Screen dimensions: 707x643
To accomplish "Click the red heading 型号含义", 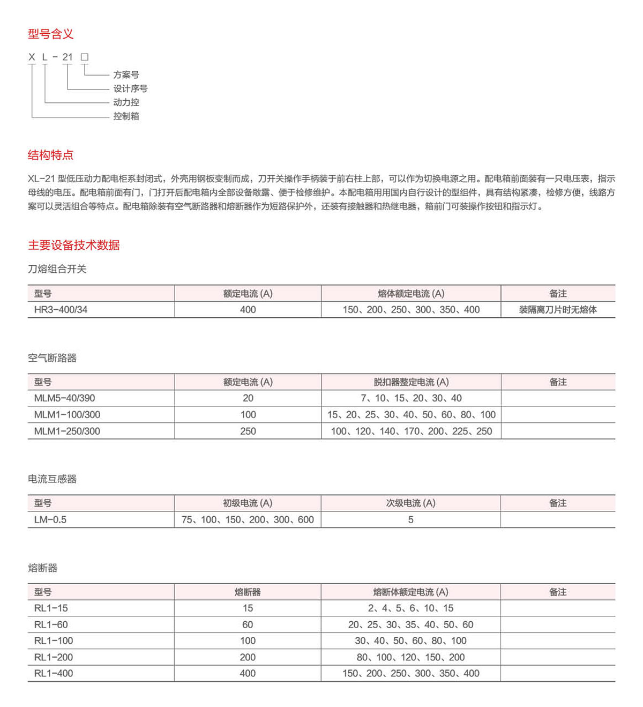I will click(x=50, y=34).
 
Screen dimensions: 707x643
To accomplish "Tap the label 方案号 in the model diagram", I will click(x=126, y=75).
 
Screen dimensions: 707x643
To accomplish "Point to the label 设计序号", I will click(x=130, y=88).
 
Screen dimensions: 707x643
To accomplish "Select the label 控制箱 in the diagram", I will click(x=126, y=116).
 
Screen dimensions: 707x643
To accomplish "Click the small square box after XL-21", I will click(x=85, y=57).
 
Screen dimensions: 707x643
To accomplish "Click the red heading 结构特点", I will click(x=50, y=155).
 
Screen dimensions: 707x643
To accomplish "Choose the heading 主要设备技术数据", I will click(x=74, y=245).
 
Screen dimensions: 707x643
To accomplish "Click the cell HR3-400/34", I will click(x=61, y=309).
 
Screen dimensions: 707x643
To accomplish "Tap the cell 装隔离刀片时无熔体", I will click(x=557, y=309).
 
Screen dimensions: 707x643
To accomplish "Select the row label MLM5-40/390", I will click(x=64, y=398).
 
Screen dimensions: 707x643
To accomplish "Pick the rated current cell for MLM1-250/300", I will click(x=248, y=431).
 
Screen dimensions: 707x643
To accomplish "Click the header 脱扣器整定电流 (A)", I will click(x=411, y=382).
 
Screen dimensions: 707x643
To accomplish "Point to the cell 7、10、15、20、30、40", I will click(x=411, y=398).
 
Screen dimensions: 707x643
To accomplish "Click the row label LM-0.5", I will click(x=50, y=519).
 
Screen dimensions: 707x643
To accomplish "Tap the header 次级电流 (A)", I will click(x=410, y=503).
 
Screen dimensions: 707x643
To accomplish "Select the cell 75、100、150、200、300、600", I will click(x=248, y=519).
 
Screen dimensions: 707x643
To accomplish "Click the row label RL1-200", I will click(x=54, y=657).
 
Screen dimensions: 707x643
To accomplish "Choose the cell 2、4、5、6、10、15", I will click(x=410, y=608).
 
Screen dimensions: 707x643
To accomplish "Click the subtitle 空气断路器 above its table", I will click(x=52, y=358).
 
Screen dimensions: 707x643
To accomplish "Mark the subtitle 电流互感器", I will click(x=52, y=479).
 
